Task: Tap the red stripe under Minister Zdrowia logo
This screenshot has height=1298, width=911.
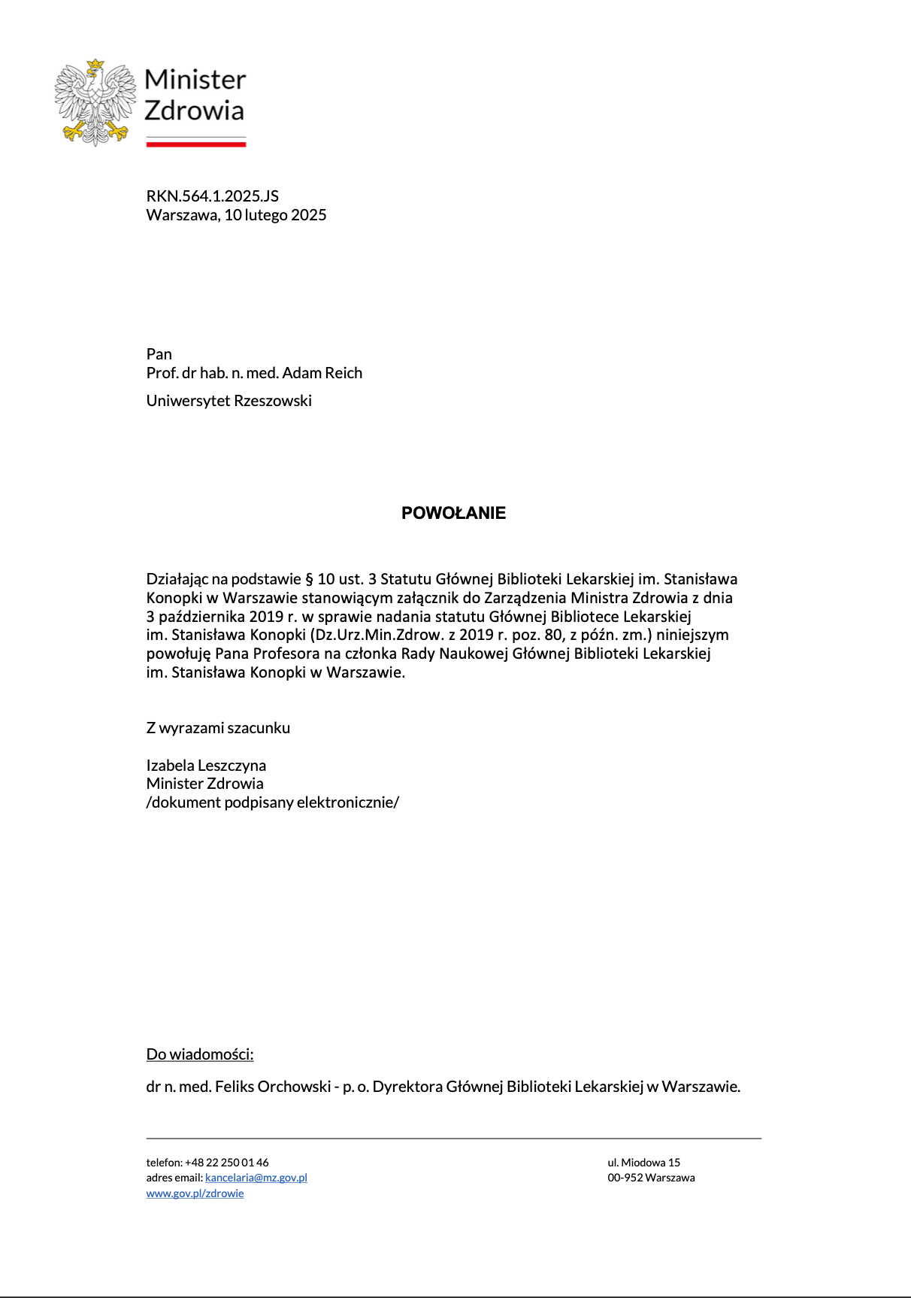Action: point(195,144)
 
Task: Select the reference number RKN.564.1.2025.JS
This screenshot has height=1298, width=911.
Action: point(212,196)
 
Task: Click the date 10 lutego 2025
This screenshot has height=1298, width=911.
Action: point(275,215)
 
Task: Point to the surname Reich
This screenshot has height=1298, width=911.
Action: point(344,373)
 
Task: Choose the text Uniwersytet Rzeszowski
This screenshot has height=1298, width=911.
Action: point(229,401)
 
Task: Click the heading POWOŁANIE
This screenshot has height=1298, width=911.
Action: point(453,513)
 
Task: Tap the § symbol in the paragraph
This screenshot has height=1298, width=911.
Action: point(308,579)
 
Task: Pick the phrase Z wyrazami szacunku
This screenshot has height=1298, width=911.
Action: point(218,728)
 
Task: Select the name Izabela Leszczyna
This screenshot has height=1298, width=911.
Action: point(206,766)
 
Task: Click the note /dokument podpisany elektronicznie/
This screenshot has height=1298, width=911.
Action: point(272,802)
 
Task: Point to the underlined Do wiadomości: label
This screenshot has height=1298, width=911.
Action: point(200,1054)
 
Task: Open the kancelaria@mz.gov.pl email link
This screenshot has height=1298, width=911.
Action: point(256,1178)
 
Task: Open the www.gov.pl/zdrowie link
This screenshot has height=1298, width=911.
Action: point(195,1193)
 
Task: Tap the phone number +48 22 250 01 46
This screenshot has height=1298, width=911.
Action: point(226,1163)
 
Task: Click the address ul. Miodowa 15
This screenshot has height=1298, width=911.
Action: point(643,1163)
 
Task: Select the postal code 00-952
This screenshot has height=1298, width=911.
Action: point(625,1178)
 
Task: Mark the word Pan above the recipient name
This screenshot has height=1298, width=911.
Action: point(159,354)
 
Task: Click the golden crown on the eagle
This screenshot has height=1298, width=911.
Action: point(95,64)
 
